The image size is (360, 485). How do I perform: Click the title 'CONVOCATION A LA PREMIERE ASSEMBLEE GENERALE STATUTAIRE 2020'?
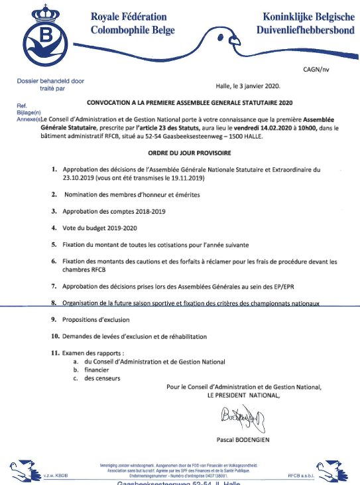(x=189, y=104)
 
